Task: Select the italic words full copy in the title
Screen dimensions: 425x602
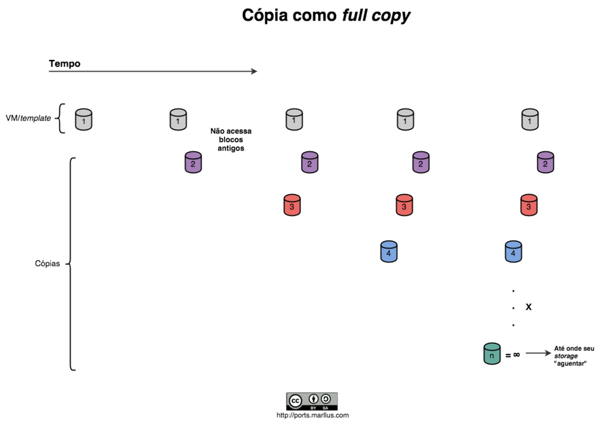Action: point(376,16)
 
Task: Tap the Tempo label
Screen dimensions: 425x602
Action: point(65,63)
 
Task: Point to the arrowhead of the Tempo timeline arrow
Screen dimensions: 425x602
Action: point(254,71)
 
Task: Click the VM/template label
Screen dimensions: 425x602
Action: point(28,118)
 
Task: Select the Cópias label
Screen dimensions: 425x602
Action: point(48,263)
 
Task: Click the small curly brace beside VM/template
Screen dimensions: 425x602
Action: point(60,119)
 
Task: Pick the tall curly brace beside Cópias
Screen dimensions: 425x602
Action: point(71,264)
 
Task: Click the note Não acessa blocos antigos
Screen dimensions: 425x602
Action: point(231,140)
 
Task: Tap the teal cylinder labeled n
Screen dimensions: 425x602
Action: point(491,354)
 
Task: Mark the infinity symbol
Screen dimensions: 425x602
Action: point(516,354)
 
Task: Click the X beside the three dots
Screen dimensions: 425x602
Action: point(529,307)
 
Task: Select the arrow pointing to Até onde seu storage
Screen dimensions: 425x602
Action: point(537,353)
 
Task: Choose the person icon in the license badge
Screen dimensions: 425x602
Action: point(314,398)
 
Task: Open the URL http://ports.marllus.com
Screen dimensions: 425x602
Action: point(312,415)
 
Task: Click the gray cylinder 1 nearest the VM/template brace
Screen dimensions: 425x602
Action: point(84,119)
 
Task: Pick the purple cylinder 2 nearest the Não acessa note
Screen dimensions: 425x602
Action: point(193,162)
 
